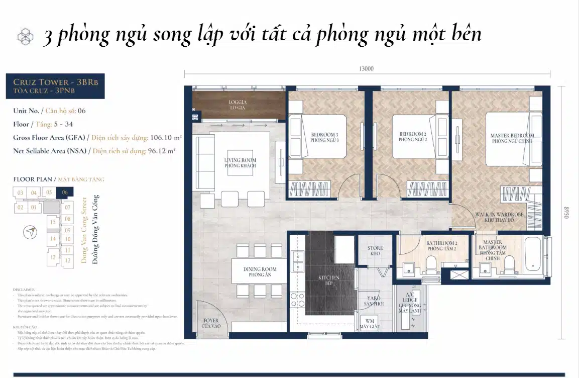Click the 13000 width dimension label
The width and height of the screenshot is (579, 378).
click(x=367, y=69)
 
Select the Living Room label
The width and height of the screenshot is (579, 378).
click(x=240, y=163)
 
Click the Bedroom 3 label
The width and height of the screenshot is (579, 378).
click(x=324, y=137)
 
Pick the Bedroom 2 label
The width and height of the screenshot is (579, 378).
click(x=413, y=137)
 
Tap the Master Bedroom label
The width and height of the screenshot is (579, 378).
click(x=512, y=138)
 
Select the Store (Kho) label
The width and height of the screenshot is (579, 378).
click(x=375, y=251)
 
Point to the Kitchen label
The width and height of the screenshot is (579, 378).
click(x=328, y=280)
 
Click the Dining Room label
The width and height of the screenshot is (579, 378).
click(x=260, y=272)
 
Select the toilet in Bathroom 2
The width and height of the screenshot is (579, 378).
click(x=431, y=263)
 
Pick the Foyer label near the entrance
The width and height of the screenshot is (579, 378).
click(x=211, y=323)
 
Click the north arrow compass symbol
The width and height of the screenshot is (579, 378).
click(x=31, y=232)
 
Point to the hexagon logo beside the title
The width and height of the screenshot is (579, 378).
click(x=25, y=36)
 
